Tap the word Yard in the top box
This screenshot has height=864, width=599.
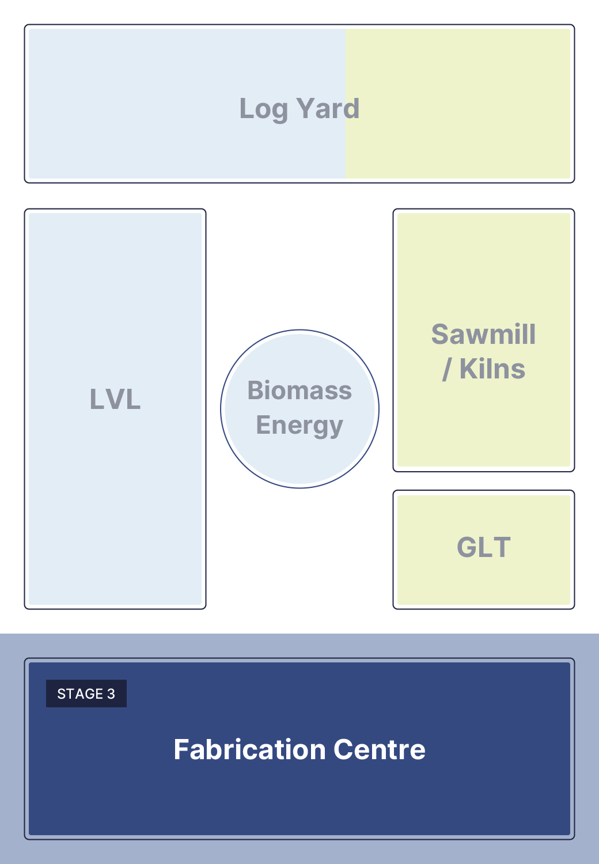(328, 108)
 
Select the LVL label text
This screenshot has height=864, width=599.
(115, 399)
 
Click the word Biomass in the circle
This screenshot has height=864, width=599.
(299, 391)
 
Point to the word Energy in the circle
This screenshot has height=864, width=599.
(299, 427)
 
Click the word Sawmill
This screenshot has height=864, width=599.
(484, 334)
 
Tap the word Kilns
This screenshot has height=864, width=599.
(492, 369)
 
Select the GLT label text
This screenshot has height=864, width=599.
(484, 547)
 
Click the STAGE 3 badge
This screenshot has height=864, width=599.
(86, 694)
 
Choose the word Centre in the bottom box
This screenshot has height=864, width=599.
(380, 749)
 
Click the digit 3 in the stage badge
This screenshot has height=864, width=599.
(111, 694)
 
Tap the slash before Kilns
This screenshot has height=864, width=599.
(447, 370)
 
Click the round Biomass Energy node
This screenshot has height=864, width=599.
(299, 409)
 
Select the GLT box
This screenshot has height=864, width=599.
(484, 550)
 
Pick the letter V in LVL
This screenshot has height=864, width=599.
(115, 399)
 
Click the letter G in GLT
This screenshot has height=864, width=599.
(467, 547)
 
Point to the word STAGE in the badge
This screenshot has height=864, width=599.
(80, 694)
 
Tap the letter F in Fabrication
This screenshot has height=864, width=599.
(181, 749)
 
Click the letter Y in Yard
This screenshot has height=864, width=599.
(305, 108)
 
